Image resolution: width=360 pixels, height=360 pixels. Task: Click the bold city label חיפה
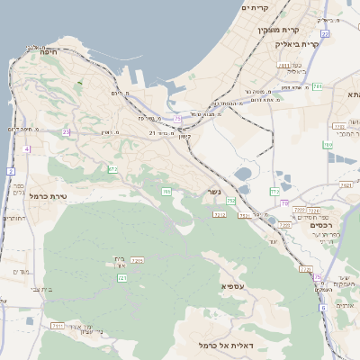[43, 53]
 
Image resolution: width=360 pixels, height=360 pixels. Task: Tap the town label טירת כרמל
[49, 195]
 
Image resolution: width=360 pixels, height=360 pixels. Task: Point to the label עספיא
[232, 285]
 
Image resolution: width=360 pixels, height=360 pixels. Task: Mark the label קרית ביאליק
[321, 44]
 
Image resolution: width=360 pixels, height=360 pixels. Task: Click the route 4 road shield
[27, 148]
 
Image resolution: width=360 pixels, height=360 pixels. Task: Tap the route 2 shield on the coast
[10, 170]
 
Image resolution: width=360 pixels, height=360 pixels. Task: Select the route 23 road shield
[66, 132]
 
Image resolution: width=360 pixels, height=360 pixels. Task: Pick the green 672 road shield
[112, 168]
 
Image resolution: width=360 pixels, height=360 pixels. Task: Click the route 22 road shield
[325, 33]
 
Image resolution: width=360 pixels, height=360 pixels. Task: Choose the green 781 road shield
[317, 86]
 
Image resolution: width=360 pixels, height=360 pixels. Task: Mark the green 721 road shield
[121, 278]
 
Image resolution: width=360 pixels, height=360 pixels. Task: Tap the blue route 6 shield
[322, 307]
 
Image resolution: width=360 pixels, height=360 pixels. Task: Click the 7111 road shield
[58, 325]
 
